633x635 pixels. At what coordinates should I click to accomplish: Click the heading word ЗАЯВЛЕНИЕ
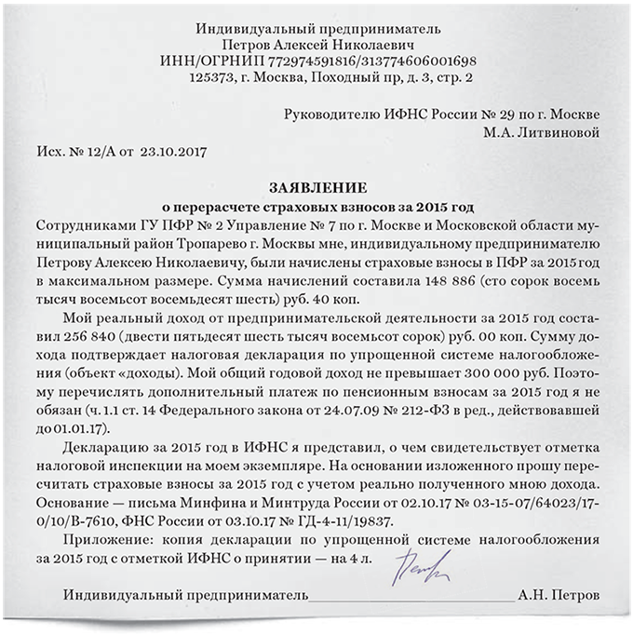pos(316,187)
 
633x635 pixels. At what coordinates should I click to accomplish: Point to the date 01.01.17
pos(83,427)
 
